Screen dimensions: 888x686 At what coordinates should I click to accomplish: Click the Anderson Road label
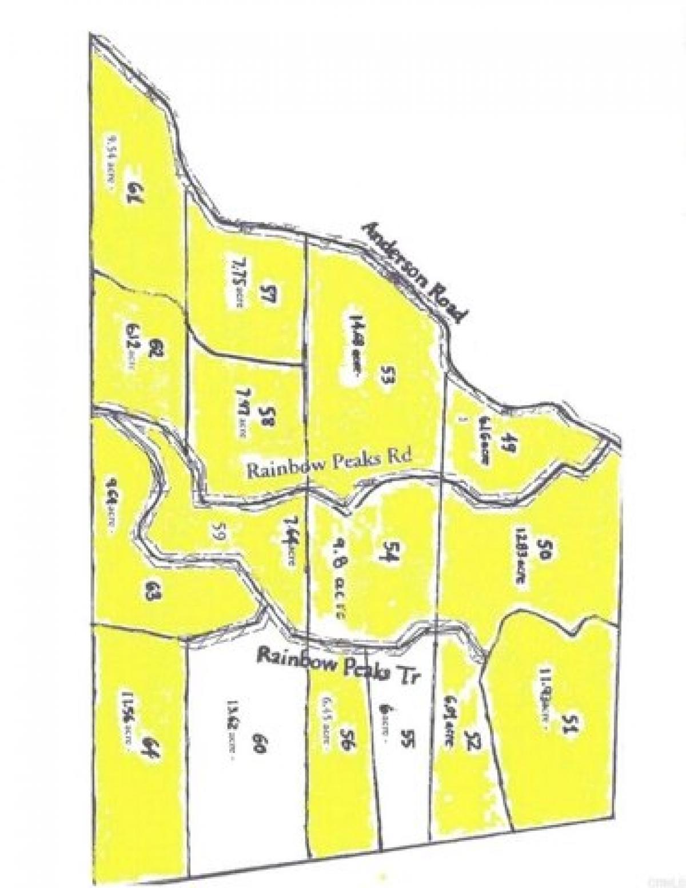(x=416, y=272)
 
